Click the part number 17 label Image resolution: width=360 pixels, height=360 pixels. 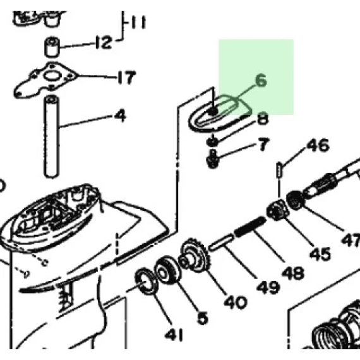[x=126, y=77]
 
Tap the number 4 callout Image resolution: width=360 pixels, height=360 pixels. [x=121, y=116]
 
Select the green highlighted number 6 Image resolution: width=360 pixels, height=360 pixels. [x=261, y=81]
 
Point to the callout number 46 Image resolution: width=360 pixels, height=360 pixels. [x=318, y=145]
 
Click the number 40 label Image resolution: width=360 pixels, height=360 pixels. [x=236, y=302]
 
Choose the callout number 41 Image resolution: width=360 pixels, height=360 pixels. [x=174, y=335]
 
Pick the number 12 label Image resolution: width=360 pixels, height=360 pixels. [x=104, y=42]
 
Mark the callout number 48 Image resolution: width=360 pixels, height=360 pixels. [x=292, y=273]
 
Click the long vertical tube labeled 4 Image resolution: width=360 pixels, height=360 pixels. [x=51, y=136]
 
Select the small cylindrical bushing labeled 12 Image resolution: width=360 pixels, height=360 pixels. [x=52, y=47]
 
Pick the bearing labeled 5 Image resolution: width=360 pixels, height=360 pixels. [x=167, y=270]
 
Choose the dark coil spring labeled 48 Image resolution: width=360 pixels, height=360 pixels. [x=250, y=227]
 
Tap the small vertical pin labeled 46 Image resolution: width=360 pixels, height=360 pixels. [x=279, y=169]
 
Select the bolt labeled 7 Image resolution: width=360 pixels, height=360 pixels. [x=213, y=159]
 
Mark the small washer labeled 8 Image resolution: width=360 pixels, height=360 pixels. [x=212, y=141]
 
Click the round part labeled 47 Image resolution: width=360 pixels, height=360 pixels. [x=296, y=200]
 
